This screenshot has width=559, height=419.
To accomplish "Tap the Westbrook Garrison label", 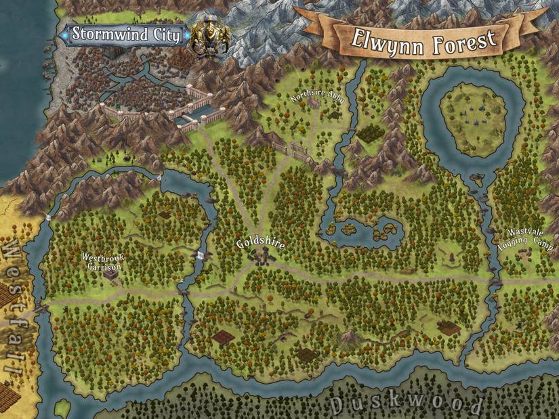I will [102, 262].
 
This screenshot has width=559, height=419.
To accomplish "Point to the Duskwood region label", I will [406, 404].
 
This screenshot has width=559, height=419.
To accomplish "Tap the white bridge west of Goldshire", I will [201, 255].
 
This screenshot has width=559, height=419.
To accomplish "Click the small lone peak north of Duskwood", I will [350, 336].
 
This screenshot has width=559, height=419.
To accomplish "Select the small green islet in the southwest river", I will [62, 408].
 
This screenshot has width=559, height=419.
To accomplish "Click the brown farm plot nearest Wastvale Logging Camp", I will [448, 328].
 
